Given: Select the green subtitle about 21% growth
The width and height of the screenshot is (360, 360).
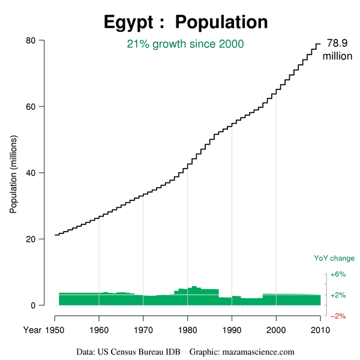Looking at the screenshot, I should coord(185,44).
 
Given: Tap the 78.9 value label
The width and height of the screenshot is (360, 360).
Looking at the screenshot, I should coord(337,43).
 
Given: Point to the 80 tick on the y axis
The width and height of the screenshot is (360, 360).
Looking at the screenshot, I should coord(32,40).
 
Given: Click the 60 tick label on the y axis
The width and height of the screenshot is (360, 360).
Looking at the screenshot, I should coord(32,107).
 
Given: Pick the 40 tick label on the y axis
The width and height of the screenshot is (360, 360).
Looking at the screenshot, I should coord(32,173).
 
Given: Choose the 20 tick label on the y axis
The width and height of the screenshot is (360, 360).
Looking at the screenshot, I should coord(32,239).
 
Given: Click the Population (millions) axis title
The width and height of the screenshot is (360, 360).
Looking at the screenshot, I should coord(13,174).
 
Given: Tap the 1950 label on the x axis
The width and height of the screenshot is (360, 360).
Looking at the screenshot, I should coord(55,331).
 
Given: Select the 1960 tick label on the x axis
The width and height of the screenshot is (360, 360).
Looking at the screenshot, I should coord(99,331).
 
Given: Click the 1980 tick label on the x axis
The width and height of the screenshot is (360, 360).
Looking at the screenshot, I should coord(188,331).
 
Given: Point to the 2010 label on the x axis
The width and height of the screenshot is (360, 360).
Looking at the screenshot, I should coord(320,331).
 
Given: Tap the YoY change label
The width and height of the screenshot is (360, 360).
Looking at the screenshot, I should coord(334,259).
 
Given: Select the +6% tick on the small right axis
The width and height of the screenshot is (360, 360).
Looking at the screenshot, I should coord(338,274).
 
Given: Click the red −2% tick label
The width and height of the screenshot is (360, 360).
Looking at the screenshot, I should coord(338,316).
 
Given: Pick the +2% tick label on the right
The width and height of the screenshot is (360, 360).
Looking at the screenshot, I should coord(338,295).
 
